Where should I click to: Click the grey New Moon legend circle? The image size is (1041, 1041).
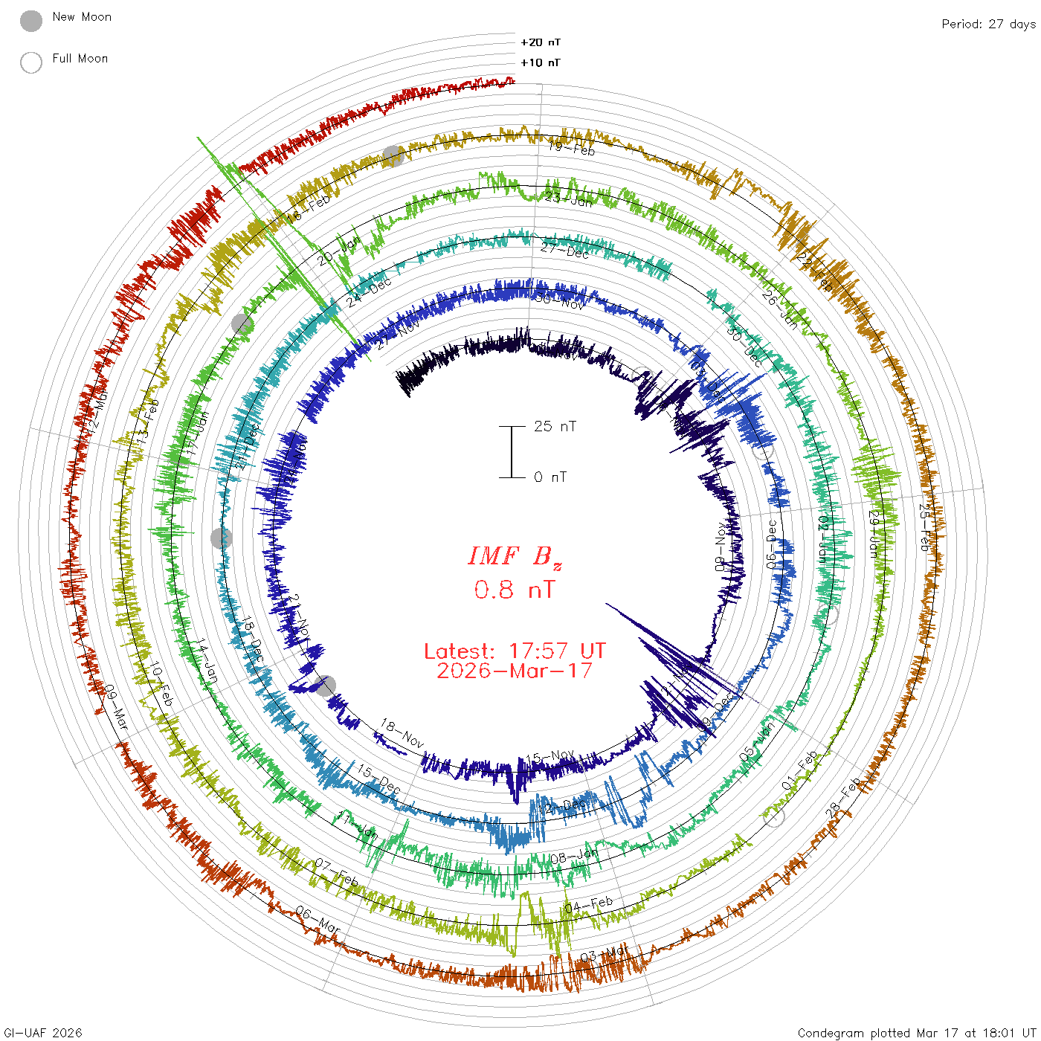tap(31, 21)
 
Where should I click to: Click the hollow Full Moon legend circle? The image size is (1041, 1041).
tap(31, 62)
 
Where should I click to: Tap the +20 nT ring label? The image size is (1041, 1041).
tap(541, 42)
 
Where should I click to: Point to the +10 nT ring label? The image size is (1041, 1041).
tap(541, 62)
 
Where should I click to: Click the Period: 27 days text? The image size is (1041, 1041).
tap(988, 24)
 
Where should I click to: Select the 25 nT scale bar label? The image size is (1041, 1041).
tap(555, 426)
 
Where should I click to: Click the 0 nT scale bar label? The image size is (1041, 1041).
tap(549, 477)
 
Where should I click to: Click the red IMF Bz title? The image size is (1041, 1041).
tap(515, 556)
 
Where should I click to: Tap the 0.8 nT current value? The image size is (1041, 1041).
tap(515, 590)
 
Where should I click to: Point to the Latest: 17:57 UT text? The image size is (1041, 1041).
tap(515, 651)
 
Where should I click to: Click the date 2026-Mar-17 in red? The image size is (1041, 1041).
tap(515, 671)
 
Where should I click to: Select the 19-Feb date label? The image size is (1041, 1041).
tap(571, 148)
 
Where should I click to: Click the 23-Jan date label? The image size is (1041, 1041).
tap(569, 199)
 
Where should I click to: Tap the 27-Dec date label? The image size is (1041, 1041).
tap(564, 251)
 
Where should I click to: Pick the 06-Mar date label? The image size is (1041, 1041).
tap(318, 920)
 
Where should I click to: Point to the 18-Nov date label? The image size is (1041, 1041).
tap(402, 733)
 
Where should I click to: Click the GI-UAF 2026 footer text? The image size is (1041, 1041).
tap(42, 1033)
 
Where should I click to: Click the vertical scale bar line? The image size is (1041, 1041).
tap(512, 451)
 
